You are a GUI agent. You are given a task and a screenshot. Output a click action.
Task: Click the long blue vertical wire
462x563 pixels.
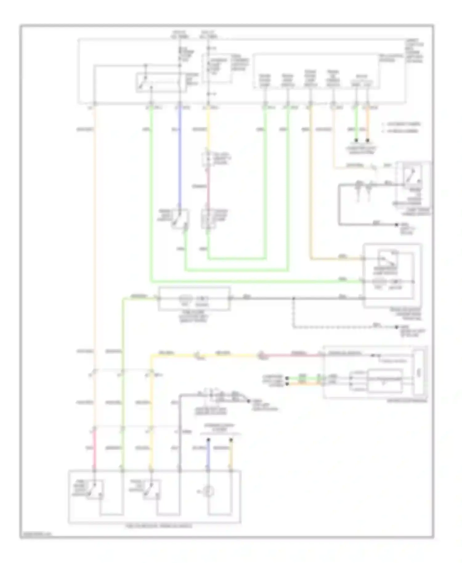click(180, 154)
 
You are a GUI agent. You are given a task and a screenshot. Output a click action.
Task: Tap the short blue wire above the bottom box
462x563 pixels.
click(208, 454)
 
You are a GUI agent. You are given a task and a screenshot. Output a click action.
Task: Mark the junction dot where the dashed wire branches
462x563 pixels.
click(293, 298)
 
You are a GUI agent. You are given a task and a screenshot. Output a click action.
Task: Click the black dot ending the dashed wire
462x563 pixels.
click(397, 328)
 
